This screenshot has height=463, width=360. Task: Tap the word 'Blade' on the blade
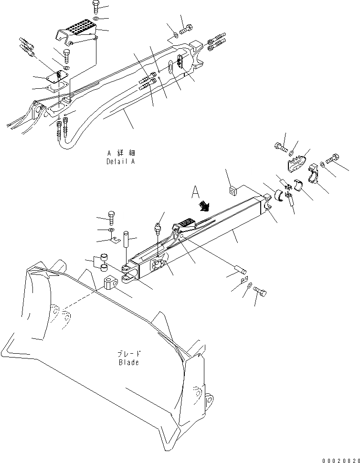click(128, 362)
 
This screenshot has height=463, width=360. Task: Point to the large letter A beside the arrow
click(194, 192)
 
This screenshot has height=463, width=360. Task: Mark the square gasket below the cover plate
click(59, 87)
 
